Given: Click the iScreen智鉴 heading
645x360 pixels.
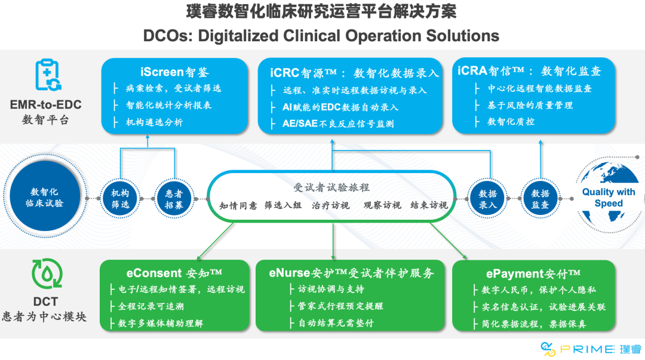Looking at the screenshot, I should pyautogui.click(x=174, y=72).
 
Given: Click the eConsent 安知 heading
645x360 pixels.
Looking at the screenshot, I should pyautogui.click(x=174, y=273).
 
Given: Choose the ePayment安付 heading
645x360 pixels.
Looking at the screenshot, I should pyautogui.click(x=533, y=273).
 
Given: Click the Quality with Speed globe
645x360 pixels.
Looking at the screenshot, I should pyautogui.click(x=608, y=198).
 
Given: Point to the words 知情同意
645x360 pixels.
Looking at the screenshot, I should pyautogui.click(x=238, y=205).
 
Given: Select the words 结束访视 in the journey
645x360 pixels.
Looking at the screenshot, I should pyautogui.click(x=429, y=205).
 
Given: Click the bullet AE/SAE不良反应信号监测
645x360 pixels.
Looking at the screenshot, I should pyautogui.click(x=338, y=124).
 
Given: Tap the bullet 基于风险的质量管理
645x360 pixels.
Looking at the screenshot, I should pyautogui.click(x=530, y=105).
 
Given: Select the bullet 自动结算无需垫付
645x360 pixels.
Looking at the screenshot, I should pyautogui.click(x=336, y=323).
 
